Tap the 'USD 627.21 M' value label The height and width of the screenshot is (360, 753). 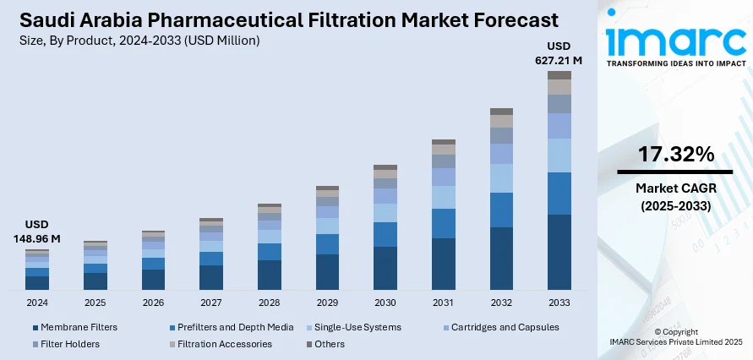(x=559, y=52)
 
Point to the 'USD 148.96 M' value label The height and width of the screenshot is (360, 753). (x=37, y=232)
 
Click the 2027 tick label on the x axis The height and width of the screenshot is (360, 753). (x=211, y=302)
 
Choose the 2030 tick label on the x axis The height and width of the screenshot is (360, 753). (x=385, y=302)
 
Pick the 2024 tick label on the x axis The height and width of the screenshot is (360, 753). (x=37, y=302)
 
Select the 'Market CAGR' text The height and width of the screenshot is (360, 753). (x=675, y=188)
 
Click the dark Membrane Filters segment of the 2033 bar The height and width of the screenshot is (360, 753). (x=559, y=252)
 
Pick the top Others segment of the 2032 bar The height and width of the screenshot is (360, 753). (x=501, y=112)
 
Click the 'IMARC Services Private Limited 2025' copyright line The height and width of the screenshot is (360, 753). (x=676, y=341)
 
